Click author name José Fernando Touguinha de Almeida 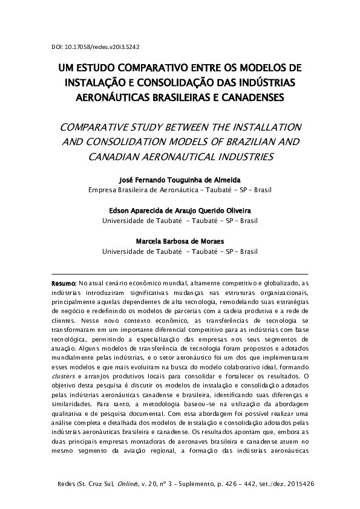[x=180, y=180]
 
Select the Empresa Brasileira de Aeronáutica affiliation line [x=180, y=189]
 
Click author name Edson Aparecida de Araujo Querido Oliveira [x=180, y=210]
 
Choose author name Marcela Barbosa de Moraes [x=180, y=241]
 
